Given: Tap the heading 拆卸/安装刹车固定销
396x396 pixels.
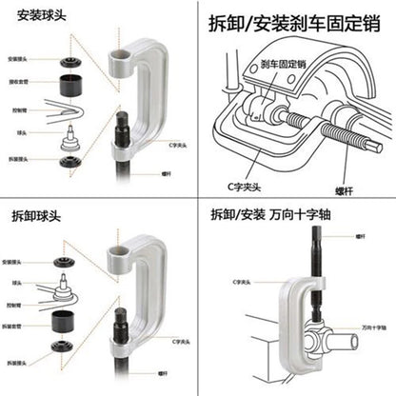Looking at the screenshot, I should point(296,22).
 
